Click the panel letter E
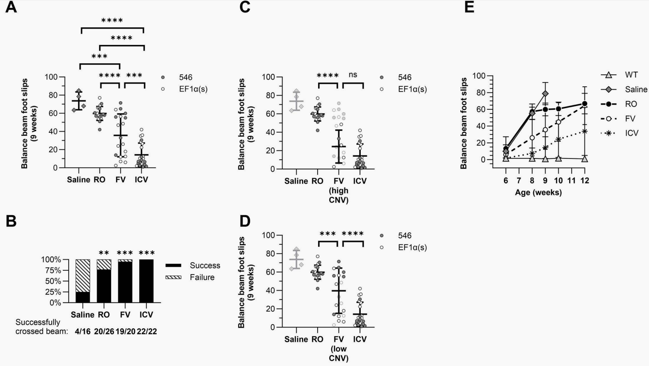coord(469,7)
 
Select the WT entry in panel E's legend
coord(631,75)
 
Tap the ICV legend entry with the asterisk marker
coord(631,133)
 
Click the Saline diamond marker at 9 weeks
coord(545,94)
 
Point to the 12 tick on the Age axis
coord(585,181)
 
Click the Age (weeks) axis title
coord(538,193)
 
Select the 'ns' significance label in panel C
coord(353,75)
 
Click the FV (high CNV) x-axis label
coord(339,190)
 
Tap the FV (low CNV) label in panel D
coord(339,348)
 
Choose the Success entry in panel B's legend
coord(205,266)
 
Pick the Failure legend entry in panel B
coord(202,278)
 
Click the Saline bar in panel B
coord(83,281)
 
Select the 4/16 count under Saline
coord(82,331)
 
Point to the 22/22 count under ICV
coord(146,331)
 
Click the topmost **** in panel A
coord(112,20)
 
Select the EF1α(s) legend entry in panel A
coord(193,89)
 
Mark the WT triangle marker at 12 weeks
coord(585,159)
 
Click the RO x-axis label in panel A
coord(99,180)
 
